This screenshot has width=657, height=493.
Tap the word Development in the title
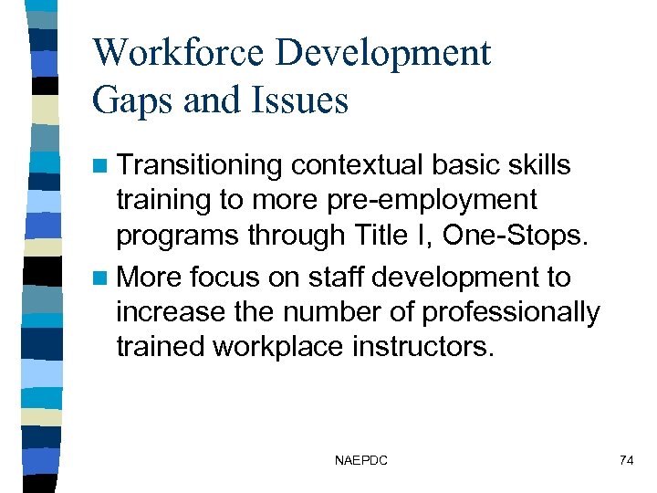pyautogui.click(x=384, y=53)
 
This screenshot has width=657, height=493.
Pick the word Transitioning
pyautogui.click(x=201, y=166)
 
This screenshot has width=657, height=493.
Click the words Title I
pyautogui.click(x=403, y=235)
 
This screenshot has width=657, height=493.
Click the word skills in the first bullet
pyautogui.click(x=537, y=165)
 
